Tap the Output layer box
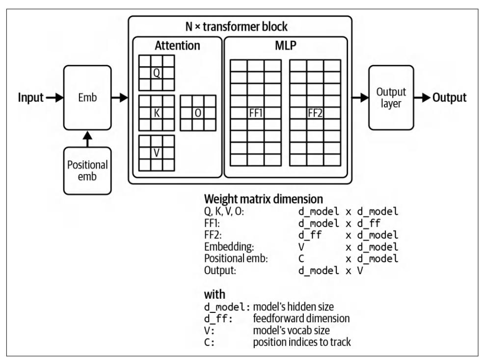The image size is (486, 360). [391, 97]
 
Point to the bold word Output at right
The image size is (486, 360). [449, 98]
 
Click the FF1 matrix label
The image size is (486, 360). [256, 112]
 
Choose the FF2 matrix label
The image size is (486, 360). [315, 112]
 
